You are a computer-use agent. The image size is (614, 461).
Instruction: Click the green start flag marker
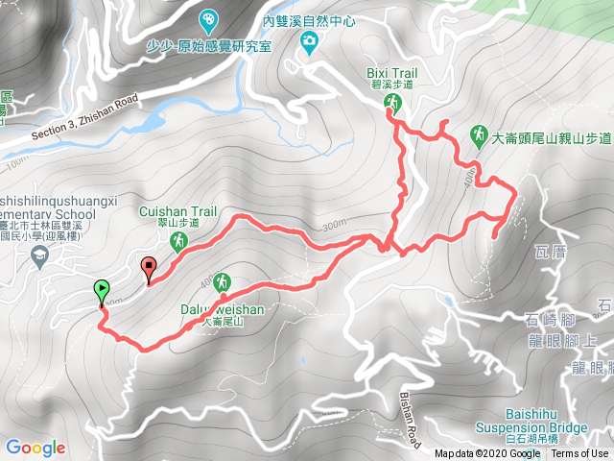coord(102,289)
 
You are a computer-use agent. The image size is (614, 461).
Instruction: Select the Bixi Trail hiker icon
coord(392,103)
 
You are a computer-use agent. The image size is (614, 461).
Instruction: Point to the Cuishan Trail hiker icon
coord(178,244)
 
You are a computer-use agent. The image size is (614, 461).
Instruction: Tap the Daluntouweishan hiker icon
coord(223,281)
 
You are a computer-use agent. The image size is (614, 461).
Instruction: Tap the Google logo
coord(35,448)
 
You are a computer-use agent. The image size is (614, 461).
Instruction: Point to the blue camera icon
coord(309,40)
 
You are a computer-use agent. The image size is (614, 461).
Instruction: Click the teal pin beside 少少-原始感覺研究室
coord(208,19)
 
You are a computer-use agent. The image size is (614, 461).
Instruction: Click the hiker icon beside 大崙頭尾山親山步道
coord(479,134)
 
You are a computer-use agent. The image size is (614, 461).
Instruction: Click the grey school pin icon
coord(39,255)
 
